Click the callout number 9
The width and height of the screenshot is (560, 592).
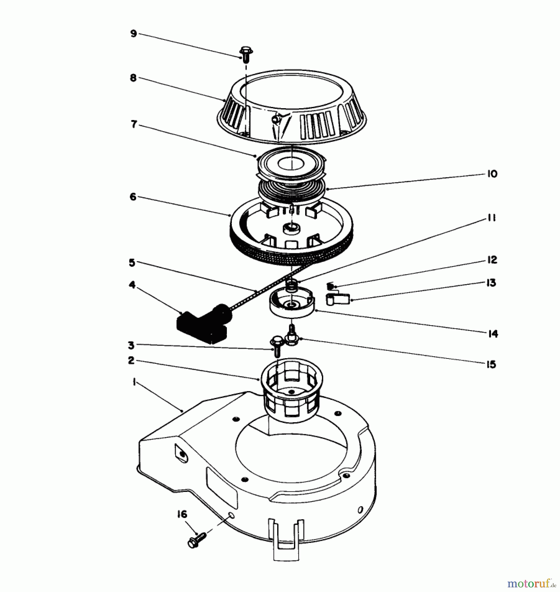[134, 34]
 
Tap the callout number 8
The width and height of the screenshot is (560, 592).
[133, 78]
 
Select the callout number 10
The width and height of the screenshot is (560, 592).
[492, 174]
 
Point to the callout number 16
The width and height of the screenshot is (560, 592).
[182, 514]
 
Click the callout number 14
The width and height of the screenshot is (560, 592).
[493, 334]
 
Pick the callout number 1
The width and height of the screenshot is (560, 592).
[134, 382]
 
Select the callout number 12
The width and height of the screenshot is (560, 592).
[492, 260]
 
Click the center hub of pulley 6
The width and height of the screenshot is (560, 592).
[291, 228]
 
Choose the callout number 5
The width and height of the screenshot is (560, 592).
[132, 263]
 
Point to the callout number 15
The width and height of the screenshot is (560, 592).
[491, 364]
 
